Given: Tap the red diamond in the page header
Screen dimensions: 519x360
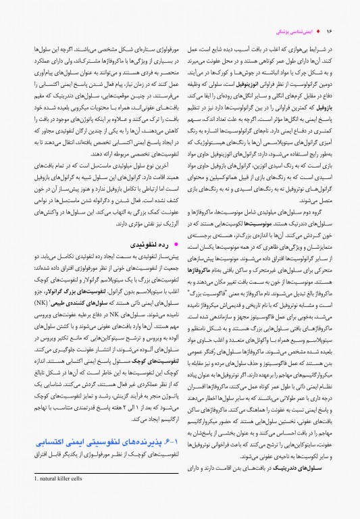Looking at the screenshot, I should [318, 32].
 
